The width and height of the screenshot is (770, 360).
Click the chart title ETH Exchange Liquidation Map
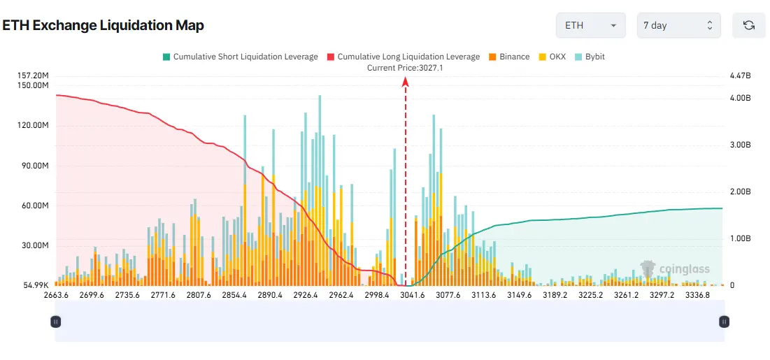point(103,26)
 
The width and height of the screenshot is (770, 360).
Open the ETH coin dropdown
point(590,25)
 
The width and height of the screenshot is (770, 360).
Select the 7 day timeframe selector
point(678,25)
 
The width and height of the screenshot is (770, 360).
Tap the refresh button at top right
point(748,25)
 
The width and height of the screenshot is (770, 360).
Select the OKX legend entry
point(552,57)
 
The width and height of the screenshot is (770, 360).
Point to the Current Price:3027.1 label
point(405,68)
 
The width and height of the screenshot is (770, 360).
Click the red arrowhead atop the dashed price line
point(406,82)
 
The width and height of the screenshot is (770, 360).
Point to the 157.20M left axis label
point(32,75)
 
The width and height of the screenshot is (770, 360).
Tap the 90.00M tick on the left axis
point(32,166)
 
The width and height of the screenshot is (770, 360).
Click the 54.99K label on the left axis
point(34,285)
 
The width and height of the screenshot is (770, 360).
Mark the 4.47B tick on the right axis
point(740,75)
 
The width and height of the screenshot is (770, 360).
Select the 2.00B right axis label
point(740,192)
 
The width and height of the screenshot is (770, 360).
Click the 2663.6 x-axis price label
point(57,295)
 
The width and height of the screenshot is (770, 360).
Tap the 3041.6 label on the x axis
point(413,295)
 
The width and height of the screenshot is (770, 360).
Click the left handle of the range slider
point(56,322)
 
